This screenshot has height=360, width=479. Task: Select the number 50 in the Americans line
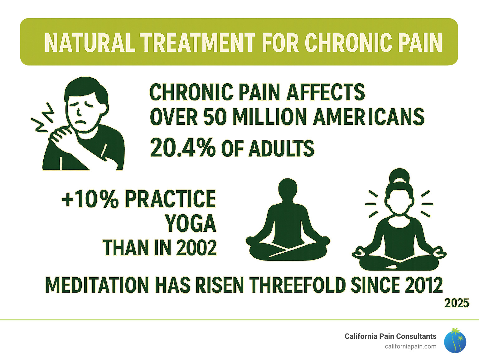[x=215, y=117]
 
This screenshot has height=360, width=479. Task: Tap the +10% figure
[x=90, y=199]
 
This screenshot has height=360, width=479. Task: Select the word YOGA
[x=191, y=223]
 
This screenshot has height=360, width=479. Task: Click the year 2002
[x=196, y=248]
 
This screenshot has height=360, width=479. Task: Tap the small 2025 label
[x=457, y=303]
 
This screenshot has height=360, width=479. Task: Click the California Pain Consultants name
[x=390, y=336]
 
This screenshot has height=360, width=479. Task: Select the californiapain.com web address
[x=410, y=346]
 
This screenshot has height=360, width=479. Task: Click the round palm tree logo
[x=455, y=341]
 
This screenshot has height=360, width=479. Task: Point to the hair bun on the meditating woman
[x=399, y=176]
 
